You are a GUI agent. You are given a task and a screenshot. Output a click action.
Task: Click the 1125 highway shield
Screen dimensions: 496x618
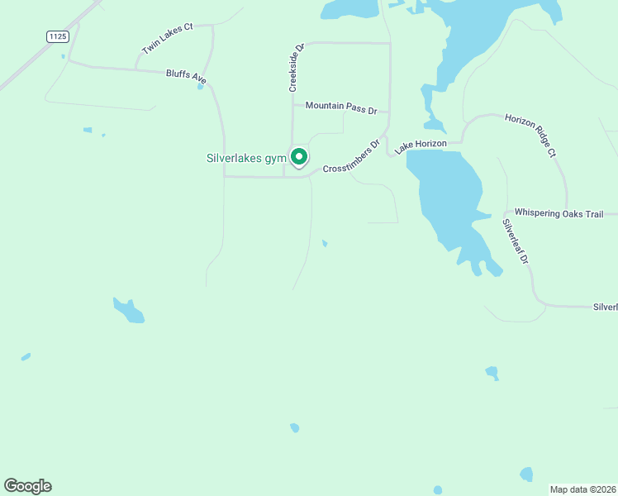tap(56, 36)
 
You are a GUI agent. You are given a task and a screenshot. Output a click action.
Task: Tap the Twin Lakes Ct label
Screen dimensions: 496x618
tap(167, 39)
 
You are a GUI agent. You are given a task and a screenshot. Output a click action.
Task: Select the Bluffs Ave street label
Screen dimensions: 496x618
tap(186, 75)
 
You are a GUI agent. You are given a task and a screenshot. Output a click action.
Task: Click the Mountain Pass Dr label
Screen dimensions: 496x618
tap(340, 107)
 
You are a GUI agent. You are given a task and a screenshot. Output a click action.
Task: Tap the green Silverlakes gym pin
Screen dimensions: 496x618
tap(299, 156)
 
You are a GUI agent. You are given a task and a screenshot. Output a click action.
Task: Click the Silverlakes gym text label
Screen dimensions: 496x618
tap(245, 158)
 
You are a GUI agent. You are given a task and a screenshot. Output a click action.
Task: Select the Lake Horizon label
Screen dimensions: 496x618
tap(421, 145)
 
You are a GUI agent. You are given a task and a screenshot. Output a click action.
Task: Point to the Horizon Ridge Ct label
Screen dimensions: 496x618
tap(530, 136)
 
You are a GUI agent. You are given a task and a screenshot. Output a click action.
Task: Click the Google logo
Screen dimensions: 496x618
tap(28, 486)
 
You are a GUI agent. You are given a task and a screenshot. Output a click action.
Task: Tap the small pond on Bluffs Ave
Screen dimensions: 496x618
tap(200, 86)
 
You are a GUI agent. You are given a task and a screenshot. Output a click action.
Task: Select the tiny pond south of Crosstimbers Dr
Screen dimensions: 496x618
tap(325, 243)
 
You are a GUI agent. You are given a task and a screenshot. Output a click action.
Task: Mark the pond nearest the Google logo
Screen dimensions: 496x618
tap(26, 357)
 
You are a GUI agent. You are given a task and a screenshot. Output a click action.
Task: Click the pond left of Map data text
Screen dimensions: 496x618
tap(526, 474)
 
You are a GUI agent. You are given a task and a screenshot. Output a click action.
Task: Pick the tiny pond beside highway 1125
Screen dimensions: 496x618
tap(63, 56)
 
